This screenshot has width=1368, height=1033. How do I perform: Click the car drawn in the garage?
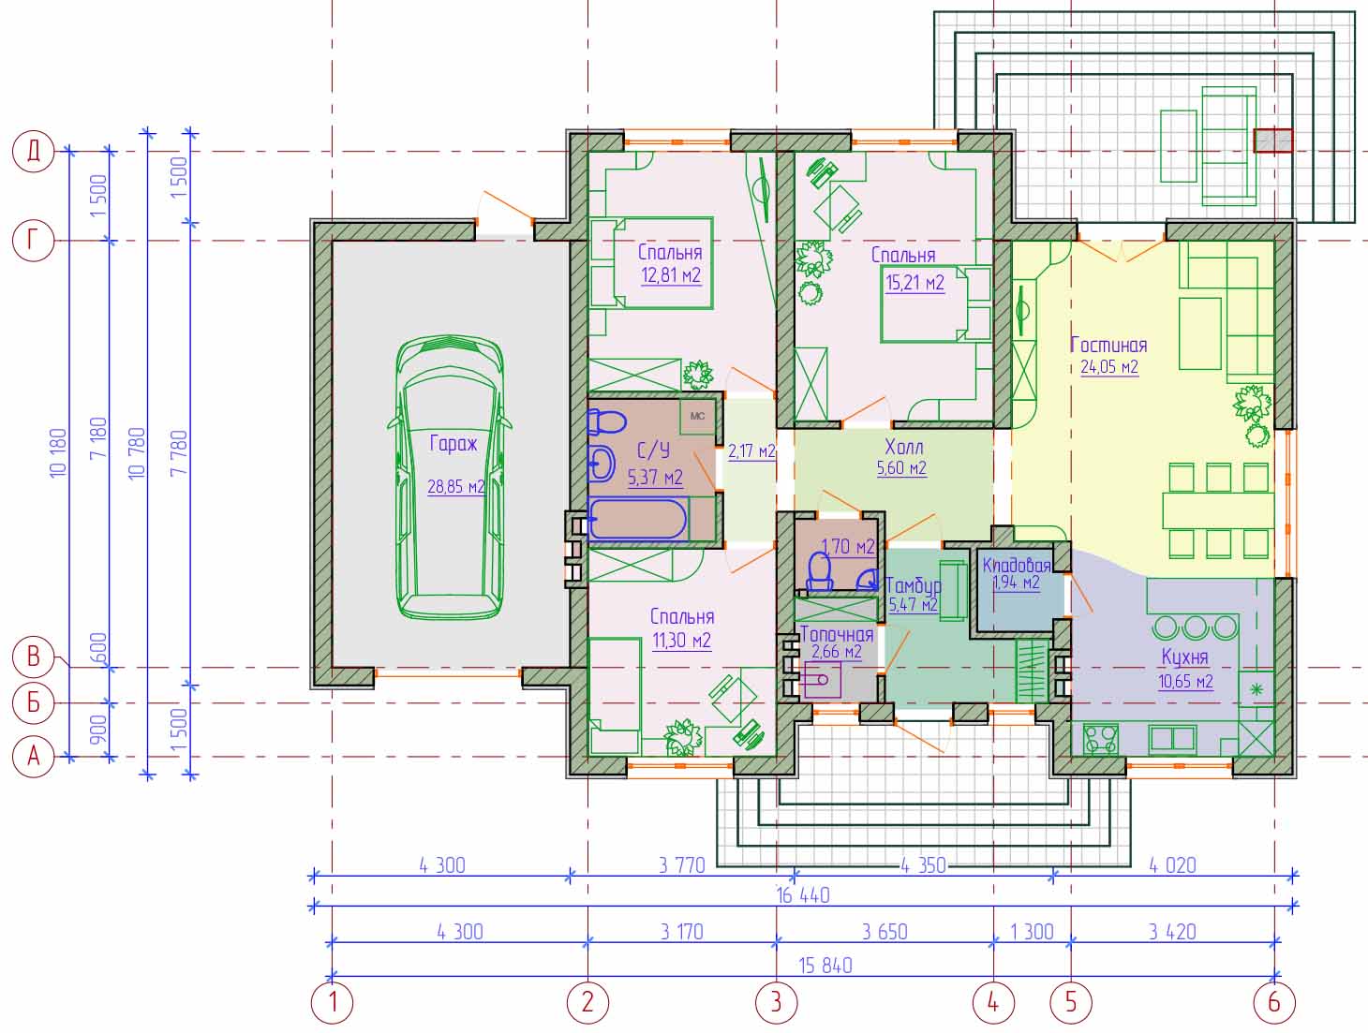tap(450, 478)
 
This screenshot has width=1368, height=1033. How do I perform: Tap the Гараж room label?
tap(454, 444)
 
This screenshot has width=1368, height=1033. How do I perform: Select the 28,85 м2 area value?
tap(455, 486)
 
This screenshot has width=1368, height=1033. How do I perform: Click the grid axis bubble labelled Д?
tap(33, 152)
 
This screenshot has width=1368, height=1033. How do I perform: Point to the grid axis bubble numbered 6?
tap(1274, 1002)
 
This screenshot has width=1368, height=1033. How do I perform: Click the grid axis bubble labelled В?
tap(33, 657)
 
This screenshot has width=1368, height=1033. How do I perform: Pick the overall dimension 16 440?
tap(803, 896)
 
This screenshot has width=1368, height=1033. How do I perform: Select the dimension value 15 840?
tap(825, 966)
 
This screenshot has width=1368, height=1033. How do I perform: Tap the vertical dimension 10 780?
tap(137, 453)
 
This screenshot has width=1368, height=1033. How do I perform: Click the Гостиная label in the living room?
tap(1108, 345)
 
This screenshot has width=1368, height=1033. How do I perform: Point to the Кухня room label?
tap(1184, 657)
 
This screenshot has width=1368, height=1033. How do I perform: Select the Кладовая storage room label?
tap(1017, 565)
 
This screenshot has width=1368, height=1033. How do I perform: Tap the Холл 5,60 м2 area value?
tap(901, 468)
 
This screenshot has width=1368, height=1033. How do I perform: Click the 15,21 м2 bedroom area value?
tap(914, 284)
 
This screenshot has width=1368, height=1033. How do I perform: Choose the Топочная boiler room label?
tap(837, 634)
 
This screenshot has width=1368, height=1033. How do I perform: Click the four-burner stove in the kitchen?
tap(1101, 739)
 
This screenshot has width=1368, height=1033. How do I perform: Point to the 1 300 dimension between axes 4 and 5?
tap(1032, 932)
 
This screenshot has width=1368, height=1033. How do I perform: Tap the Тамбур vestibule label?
tap(913, 585)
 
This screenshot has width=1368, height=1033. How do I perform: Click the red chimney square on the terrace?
tap(1273, 140)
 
